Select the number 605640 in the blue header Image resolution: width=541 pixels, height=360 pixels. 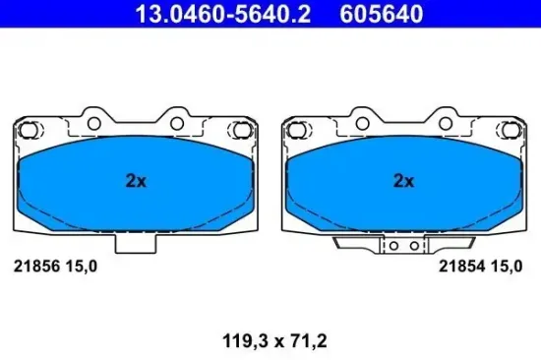383,14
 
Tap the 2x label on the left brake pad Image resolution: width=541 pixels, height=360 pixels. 136,180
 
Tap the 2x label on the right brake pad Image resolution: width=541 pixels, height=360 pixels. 404,180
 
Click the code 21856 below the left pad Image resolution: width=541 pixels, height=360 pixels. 34,266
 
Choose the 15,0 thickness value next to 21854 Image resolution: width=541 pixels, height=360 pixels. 505,266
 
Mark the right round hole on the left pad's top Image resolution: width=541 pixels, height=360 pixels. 177,124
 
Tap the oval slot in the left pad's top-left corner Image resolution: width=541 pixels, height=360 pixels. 30,129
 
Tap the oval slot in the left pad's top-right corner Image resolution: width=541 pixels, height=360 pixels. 239,129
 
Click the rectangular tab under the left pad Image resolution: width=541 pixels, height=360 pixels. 135,242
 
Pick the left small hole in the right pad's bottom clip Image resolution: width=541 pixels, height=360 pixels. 391,247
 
